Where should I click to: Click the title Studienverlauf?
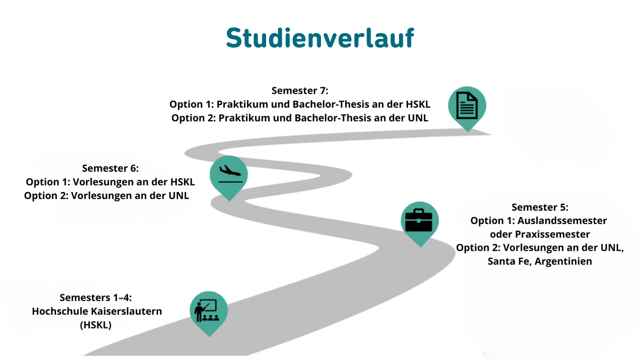[x=319, y=37]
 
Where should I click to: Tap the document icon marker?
[x=467, y=106]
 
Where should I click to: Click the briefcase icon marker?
[x=419, y=220]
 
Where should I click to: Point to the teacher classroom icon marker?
[x=209, y=310]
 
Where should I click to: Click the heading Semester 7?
[x=300, y=90]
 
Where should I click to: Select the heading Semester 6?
[x=110, y=169]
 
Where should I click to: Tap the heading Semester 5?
[x=540, y=207]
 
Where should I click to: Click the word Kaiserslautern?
[x=126, y=311]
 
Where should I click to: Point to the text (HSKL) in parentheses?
[x=95, y=325]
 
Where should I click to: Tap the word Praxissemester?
[x=555, y=234]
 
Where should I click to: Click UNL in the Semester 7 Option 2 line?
[x=419, y=117]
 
